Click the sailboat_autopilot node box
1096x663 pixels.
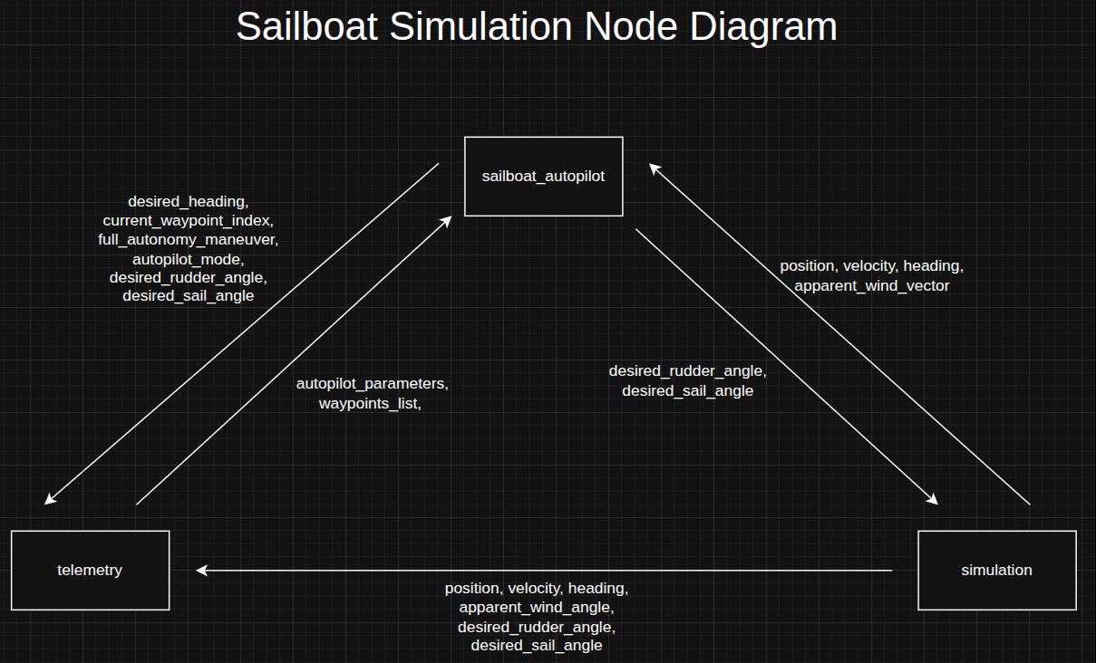point(543,177)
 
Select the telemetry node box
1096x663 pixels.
point(90,570)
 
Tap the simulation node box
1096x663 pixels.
point(996,570)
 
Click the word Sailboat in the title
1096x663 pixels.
point(306,27)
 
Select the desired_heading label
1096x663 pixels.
point(188,201)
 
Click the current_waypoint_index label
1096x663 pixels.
point(188,220)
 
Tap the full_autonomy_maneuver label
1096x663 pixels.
point(188,239)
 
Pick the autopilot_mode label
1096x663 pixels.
point(188,258)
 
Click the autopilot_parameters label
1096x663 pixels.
point(372,383)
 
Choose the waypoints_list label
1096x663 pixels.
point(369,403)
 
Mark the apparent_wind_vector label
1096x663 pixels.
point(871,285)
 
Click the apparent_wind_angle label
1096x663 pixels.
point(536,607)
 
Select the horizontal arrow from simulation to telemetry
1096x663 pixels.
point(544,571)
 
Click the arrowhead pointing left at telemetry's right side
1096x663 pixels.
point(202,571)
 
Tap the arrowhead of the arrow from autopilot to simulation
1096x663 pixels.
point(933,499)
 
